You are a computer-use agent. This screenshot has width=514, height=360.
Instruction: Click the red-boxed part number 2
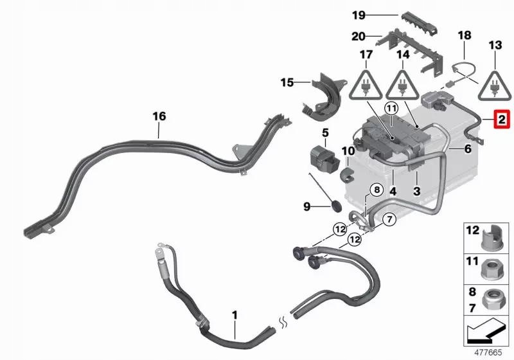point(501,120)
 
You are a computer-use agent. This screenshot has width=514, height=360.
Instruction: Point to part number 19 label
point(358,14)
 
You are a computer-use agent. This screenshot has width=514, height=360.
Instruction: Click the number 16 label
point(159,116)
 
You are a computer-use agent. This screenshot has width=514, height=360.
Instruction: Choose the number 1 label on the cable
point(235,315)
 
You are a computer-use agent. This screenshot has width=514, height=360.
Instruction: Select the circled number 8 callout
point(377,190)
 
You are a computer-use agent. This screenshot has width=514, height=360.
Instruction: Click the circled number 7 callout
point(388,221)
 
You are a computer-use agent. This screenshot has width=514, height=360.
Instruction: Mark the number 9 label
point(307,206)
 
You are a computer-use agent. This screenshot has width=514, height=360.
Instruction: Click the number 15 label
point(287,82)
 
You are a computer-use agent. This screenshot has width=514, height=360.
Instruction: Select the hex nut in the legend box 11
point(492,265)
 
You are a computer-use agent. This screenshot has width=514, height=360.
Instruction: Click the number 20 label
point(358,38)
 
